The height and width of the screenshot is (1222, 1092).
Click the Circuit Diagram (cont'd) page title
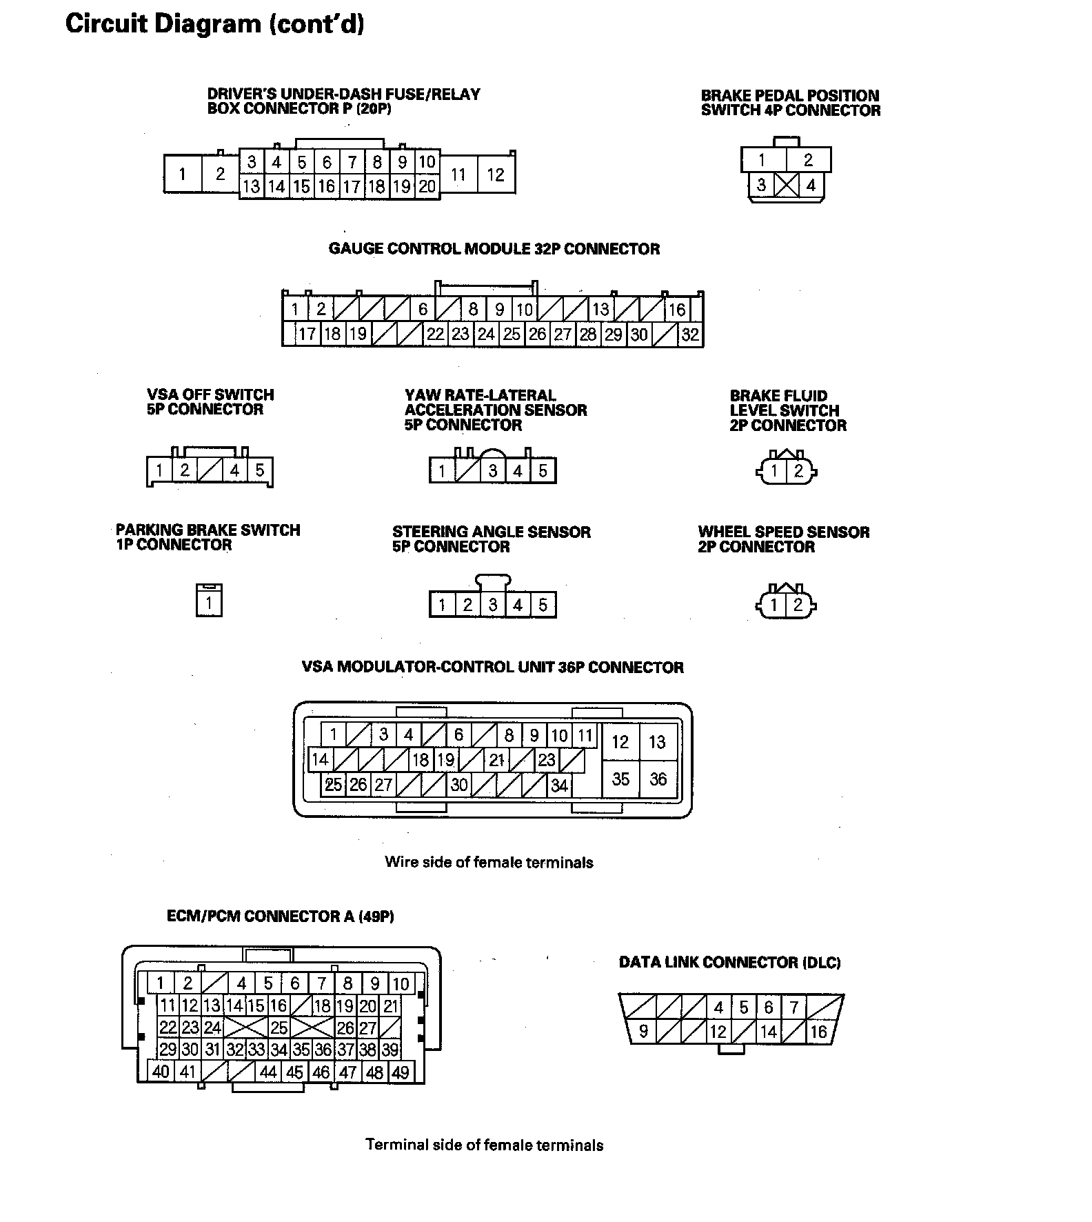(x=214, y=24)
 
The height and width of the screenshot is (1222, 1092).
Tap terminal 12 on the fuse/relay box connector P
(x=496, y=174)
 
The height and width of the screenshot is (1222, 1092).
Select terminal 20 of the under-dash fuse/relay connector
(x=427, y=186)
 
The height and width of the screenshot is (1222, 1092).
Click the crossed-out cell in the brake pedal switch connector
(x=786, y=185)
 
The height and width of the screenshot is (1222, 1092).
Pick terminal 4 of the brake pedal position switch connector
(x=811, y=185)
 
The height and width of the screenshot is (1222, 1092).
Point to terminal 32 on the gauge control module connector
(x=690, y=334)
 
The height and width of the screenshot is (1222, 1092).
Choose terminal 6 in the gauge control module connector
(x=423, y=310)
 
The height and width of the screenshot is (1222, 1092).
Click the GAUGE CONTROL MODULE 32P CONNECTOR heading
(x=494, y=249)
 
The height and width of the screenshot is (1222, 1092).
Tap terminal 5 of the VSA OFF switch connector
(x=259, y=470)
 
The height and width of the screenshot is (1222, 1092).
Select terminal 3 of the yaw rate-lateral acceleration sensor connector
(x=493, y=471)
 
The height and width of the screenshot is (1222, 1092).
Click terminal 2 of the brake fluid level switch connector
(x=798, y=471)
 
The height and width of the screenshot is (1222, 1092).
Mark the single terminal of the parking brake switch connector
(x=209, y=604)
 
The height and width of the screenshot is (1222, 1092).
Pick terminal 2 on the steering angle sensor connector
(x=467, y=605)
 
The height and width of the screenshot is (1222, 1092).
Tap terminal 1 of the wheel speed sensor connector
(x=774, y=605)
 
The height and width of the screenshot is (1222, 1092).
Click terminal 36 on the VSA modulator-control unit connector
(x=658, y=779)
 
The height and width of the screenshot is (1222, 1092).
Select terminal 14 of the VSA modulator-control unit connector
(x=319, y=760)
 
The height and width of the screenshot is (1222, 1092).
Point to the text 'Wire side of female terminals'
(x=489, y=862)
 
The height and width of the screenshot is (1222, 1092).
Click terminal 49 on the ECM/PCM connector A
(x=400, y=1072)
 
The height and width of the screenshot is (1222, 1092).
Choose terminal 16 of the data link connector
(x=818, y=1032)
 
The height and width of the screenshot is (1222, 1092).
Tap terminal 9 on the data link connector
(x=643, y=1032)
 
